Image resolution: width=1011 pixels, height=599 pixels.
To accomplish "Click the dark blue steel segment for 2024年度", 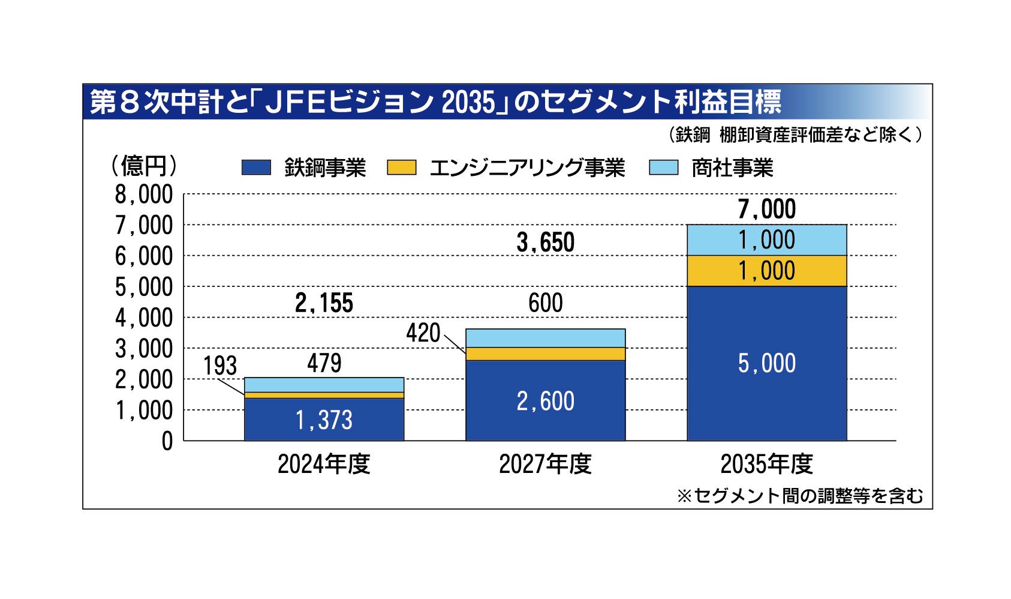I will click(324, 419).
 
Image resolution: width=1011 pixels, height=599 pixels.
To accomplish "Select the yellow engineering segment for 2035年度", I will click(766, 271).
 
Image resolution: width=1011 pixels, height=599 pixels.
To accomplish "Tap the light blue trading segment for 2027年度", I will click(545, 338).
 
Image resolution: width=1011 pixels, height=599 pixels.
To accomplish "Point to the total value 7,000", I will click(766, 209).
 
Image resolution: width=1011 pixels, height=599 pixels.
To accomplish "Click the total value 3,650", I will click(545, 243).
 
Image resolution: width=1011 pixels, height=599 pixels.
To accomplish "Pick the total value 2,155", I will click(324, 304).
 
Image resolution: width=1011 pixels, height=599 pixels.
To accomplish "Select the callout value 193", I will click(220, 366).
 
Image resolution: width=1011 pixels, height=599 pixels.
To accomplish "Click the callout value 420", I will click(423, 333).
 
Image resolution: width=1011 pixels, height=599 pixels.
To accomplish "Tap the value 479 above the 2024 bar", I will click(324, 363).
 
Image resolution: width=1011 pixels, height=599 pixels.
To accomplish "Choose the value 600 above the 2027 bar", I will click(545, 303).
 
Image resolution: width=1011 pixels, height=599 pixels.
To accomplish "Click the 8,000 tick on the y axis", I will click(144, 194).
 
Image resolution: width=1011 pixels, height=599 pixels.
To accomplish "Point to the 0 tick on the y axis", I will click(167, 441).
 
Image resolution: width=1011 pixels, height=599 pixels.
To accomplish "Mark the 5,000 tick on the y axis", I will click(144, 287).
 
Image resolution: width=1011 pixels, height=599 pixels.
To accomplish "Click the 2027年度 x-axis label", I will click(545, 464).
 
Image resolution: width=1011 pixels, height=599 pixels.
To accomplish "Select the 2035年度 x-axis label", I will click(766, 464).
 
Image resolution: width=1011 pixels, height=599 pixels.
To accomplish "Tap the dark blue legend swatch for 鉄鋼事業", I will click(256, 167).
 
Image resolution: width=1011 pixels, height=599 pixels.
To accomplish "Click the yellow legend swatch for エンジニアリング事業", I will click(401, 167).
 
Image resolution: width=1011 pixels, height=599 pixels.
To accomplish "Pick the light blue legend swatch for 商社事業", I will click(663, 167).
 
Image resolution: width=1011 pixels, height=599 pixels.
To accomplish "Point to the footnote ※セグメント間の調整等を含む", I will click(800, 496).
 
